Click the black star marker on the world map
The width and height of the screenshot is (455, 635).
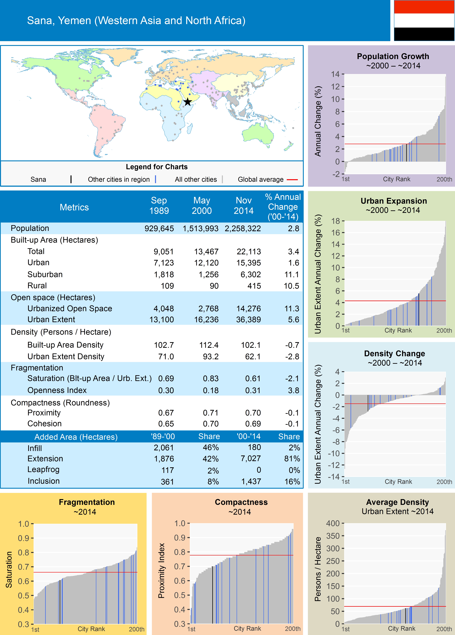tap(188, 102)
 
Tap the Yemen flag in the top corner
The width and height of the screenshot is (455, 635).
tap(424, 20)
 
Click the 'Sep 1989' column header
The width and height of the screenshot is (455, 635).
tap(159, 205)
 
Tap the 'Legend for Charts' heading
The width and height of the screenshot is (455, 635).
tap(157, 167)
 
